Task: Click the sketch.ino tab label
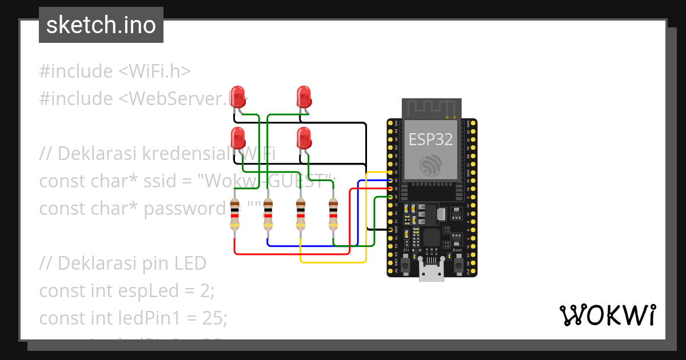pos(101,25)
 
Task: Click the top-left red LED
pos(237,95)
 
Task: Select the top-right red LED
pos(304,95)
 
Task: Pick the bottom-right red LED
pos(304,137)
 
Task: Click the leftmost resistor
pos(234,215)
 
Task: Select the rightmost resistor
pos(333,215)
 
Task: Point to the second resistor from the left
pos(268,215)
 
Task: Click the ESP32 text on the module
pos(430,139)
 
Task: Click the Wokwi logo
pos(607,315)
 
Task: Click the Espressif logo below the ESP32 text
pos(431,164)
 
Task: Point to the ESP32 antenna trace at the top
pos(431,107)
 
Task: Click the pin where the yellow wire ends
pos(390,172)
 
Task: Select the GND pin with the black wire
pos(390,229)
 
